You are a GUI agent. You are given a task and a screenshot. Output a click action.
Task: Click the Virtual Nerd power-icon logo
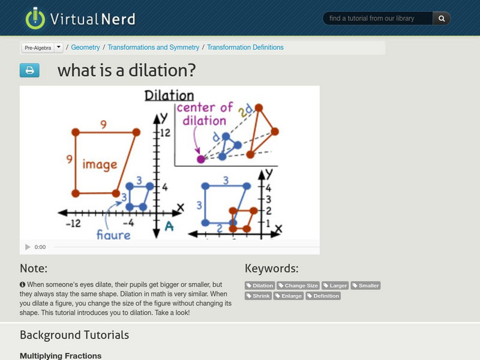click(x=35, y=18)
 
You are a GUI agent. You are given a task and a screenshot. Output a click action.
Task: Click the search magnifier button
click(x=442, y=19)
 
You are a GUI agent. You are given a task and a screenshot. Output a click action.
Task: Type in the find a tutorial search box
click(x=378, y=19)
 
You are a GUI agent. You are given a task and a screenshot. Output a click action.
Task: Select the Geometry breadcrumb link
click(x=85, y=47)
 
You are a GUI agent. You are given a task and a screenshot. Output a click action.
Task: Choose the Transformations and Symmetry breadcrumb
click(x=153, y=47)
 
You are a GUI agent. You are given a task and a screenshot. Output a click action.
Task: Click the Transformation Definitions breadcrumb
click(x=245, y=47)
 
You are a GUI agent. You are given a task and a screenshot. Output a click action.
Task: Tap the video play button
click(x=28, y=247)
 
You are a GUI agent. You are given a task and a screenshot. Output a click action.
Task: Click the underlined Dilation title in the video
click(x=169, y=96)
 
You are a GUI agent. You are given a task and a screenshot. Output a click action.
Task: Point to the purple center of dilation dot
click(x=200, y=159)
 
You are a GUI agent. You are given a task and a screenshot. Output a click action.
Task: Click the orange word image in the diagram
click(x=100, y=164)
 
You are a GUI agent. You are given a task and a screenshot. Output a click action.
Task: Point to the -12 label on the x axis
click(x=73, y=223)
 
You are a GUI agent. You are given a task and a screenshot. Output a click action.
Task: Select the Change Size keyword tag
click(x=298, y=286)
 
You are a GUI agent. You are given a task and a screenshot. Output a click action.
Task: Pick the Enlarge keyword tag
click(x=289, y=296)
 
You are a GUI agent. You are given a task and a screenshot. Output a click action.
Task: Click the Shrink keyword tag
click(x=258, y=296)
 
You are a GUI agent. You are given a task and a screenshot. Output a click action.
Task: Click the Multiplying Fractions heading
click(x=61, y=356)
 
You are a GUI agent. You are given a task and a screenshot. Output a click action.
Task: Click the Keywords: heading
click(x=271, y=268)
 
